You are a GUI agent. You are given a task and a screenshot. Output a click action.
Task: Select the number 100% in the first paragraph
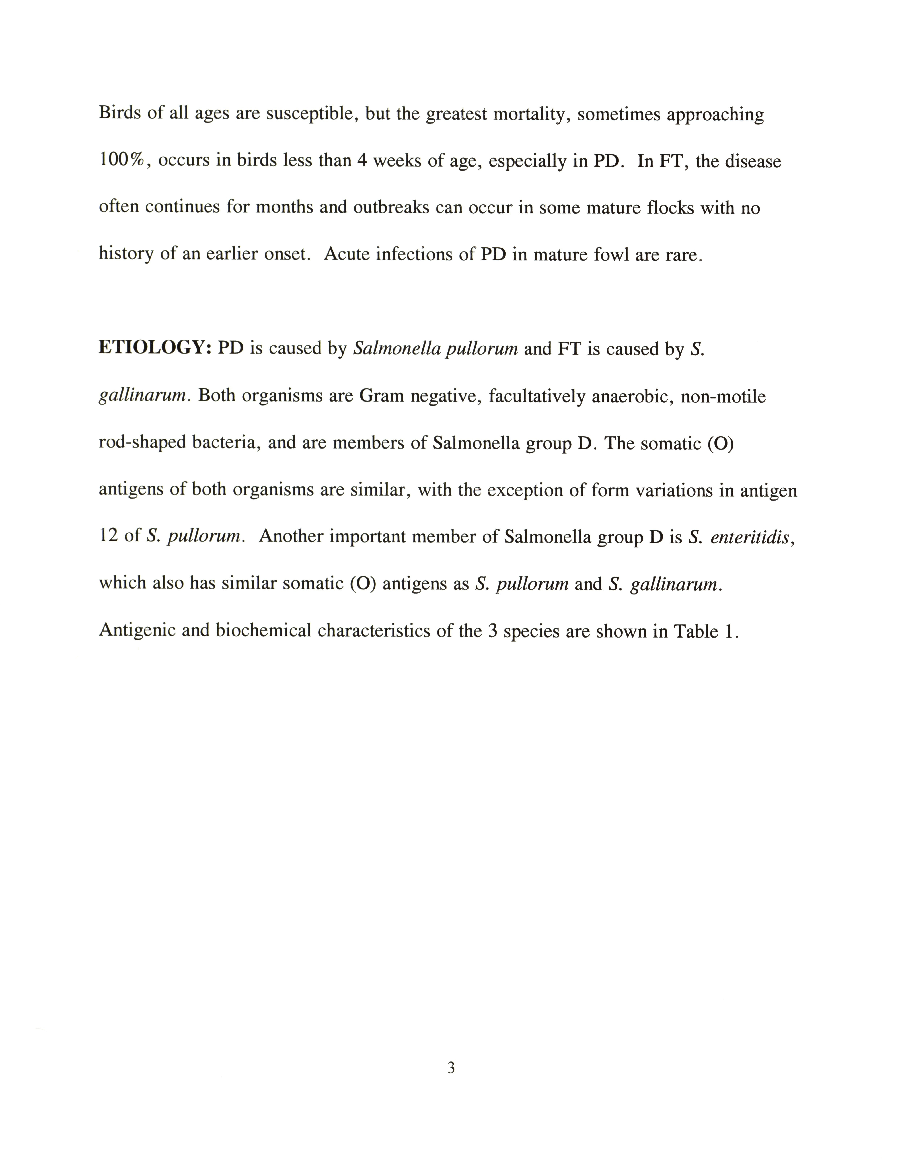click(x=122, y=160)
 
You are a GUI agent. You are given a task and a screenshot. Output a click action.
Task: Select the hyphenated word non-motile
click(x=723, y=397)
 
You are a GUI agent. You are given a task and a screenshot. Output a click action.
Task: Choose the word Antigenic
click(x=137, y=631)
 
